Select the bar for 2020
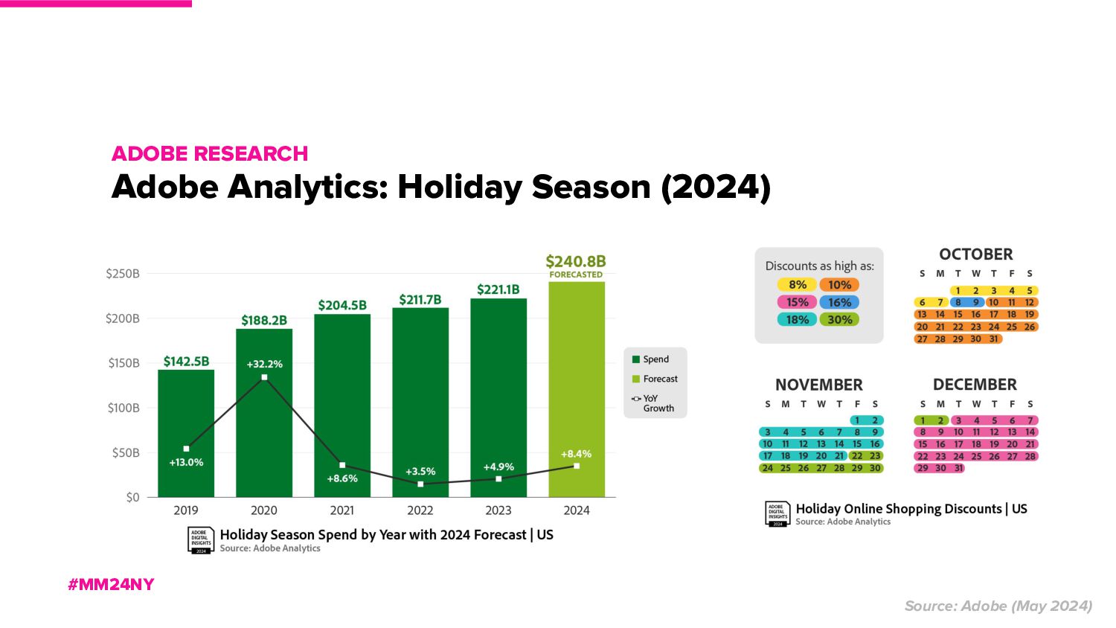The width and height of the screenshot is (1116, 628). click(264, 432)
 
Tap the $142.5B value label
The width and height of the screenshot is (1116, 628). click(186, 362)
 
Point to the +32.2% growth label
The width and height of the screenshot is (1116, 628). click(264, 364)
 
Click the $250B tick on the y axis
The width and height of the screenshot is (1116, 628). click(123, 274)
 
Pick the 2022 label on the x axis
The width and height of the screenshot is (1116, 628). click(420, 510)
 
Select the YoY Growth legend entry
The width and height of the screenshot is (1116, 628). click(655, 403)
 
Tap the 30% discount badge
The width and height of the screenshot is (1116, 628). click(839, 320)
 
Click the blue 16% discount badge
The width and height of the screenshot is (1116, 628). click(839, 302)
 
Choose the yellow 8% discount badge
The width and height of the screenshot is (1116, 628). click(797, 285)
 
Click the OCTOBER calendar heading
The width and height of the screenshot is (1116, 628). click(975, 254)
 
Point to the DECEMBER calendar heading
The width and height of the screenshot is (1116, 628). click(975, 385)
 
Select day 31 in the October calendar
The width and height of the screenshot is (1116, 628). click(994, 339)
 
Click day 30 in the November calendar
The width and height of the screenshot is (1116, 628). click(875, 468)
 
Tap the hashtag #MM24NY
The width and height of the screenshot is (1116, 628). click(111, 585)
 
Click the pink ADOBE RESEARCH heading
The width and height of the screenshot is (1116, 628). click(210, 153)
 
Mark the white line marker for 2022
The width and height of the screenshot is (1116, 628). click(420, 484)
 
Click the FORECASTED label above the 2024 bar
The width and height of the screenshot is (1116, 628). click(576, 275)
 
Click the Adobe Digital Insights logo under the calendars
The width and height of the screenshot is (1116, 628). click(777, 513)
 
